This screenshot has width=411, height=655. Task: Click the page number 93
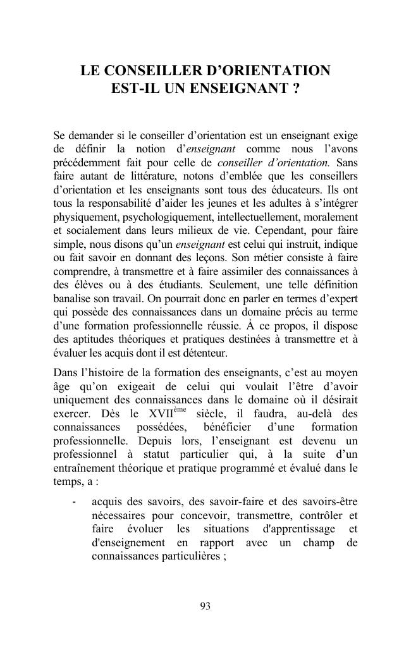(205, 606)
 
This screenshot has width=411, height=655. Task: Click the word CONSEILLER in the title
(139, 70)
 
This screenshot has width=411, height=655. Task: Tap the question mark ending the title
(295, 89)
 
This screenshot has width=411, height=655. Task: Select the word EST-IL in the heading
(133, 89)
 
